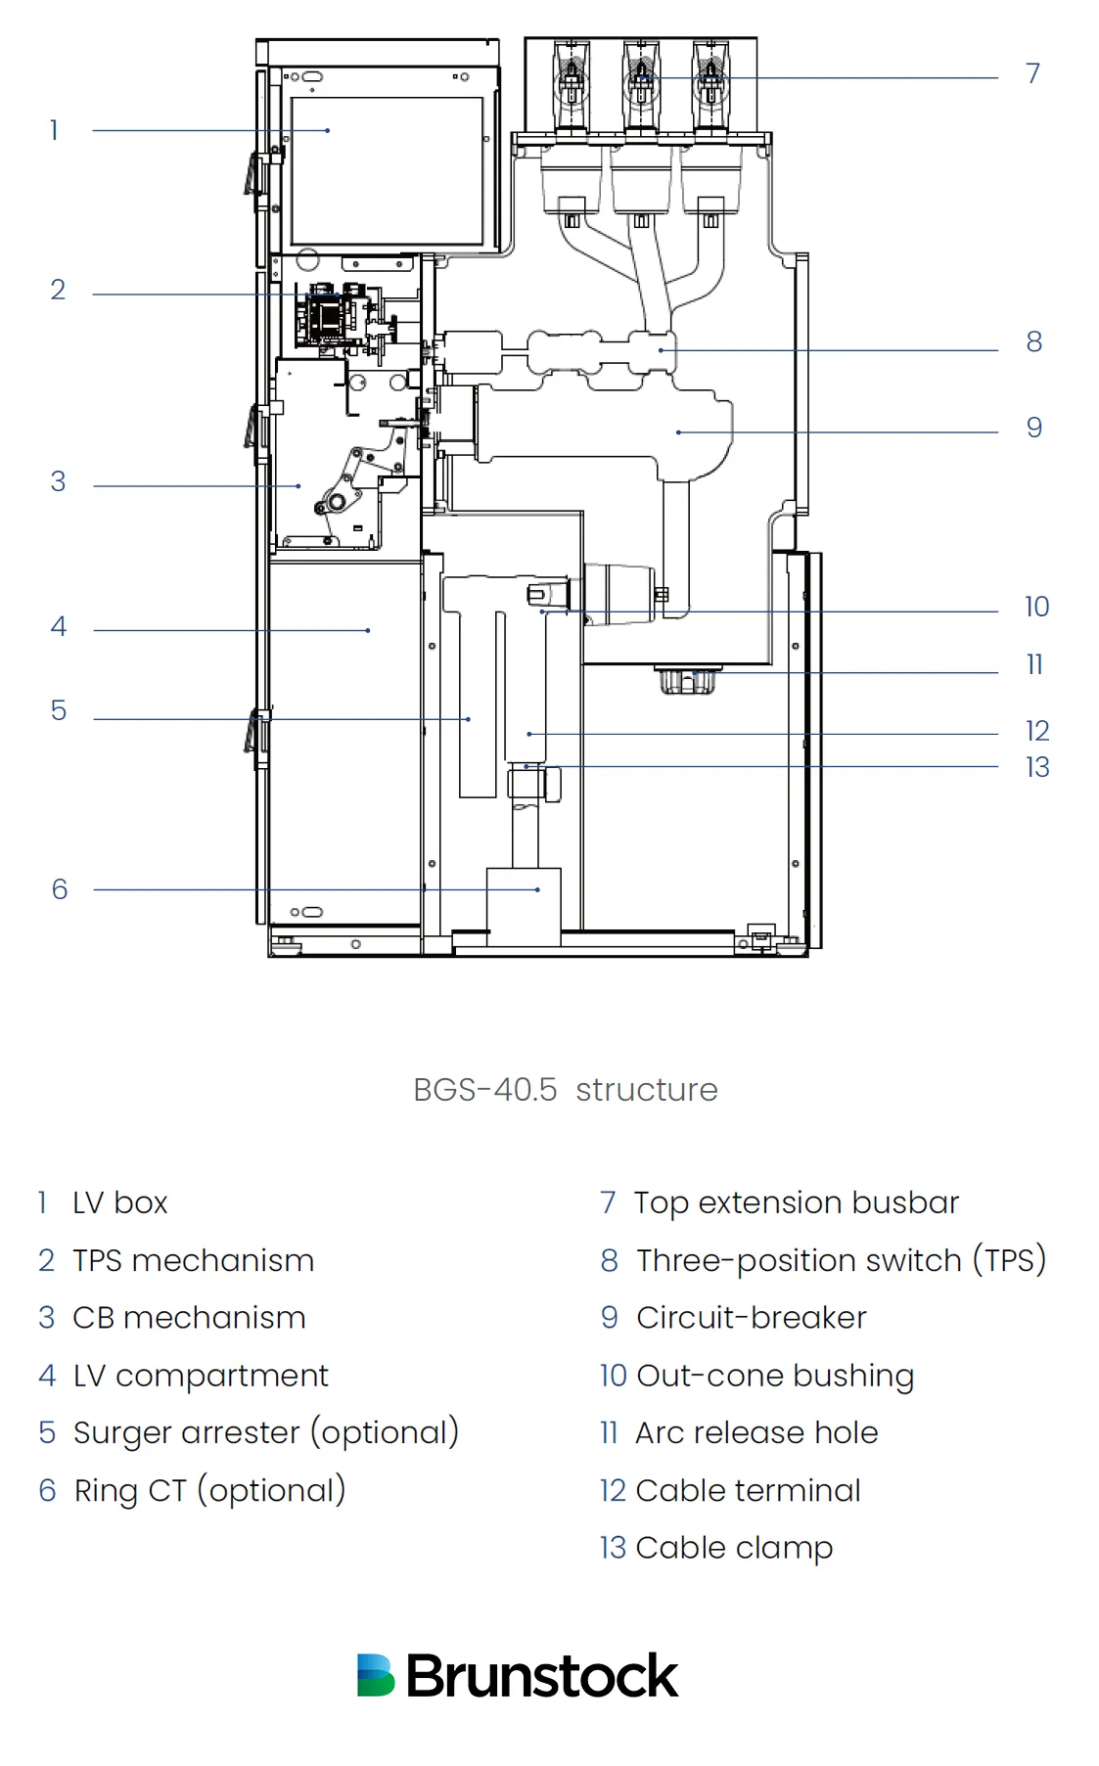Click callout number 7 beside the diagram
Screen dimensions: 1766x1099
(x=1032, y=73)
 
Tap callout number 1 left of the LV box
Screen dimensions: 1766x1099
(x=55, y=130)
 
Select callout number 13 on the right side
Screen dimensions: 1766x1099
(x=1037, y=767)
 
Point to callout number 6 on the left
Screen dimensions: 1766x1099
(x=60, y=889)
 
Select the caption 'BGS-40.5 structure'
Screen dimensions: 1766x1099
(x=565, y=1090)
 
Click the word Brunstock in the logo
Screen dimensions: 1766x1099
(x=541, y=1676)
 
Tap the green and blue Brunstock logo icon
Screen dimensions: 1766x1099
(x=376, y=1675)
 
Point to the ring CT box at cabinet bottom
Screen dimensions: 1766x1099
(x=524, y=905)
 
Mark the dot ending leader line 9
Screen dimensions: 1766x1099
(x=678, y=431)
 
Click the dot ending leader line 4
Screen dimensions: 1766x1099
(x=368, y=630)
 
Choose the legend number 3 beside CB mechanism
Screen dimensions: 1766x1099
(x=46, y=1318)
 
